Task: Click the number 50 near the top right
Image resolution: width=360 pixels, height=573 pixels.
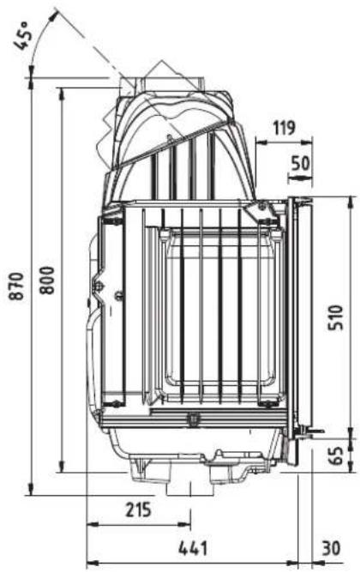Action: coord(301,161)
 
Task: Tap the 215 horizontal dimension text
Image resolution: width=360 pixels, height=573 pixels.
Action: coord(136,510)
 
